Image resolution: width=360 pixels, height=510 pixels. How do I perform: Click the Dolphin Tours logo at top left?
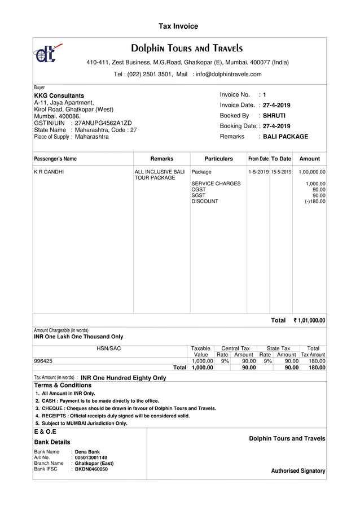coord(47,53)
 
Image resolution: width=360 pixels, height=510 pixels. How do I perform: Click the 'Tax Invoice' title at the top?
coord(178,27)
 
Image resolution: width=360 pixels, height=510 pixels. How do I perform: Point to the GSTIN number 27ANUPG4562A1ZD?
coord(103,123)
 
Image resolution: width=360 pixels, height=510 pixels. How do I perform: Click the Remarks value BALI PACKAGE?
coord(286,137)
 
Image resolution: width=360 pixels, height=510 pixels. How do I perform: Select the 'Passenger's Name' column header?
coord(55,159)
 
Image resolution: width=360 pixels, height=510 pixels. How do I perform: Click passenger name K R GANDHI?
coord(49,172)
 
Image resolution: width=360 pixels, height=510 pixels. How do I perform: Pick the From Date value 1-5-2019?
coord(258,172)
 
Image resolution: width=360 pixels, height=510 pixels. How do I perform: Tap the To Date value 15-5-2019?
coord(281,172)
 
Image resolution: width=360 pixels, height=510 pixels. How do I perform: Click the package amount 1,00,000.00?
coord(312,172)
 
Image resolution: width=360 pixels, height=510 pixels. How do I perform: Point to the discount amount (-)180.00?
coord(315,202)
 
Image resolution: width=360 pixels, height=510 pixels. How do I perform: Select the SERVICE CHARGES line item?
coord(216,184)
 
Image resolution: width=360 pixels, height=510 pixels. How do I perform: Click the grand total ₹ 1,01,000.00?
coord(309,321)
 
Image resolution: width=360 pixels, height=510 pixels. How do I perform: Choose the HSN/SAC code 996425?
coord(43,361)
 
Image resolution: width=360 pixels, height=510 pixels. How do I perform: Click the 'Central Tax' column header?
coord(235,348)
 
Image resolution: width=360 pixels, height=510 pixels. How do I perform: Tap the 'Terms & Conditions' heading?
coord(63,385)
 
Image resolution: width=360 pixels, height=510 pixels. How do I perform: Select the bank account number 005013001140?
coord(91,458)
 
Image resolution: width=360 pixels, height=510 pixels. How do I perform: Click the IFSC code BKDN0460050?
coord(91,469)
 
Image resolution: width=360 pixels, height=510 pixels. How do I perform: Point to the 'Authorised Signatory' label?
coord(298,471)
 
